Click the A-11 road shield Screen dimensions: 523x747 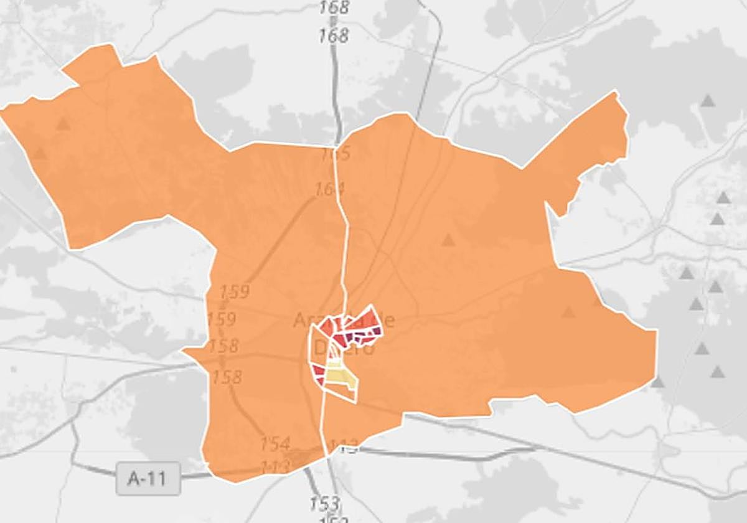coord(148,478)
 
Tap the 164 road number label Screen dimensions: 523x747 coord(326,188)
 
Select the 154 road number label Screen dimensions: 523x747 coord(275,444)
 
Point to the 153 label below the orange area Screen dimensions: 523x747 coord(324,502)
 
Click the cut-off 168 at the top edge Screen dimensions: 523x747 coord(334,7)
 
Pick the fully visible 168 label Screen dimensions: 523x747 coord(334,36)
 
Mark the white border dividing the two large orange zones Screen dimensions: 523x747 coord(342,249)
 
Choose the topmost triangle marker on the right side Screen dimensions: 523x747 coord(707,100)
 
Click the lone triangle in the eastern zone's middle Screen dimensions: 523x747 coord(448,240)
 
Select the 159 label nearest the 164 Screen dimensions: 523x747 coord(234,291)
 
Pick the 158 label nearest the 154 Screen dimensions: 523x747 coord(227,377)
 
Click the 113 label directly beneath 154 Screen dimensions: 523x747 coord(275,466)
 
